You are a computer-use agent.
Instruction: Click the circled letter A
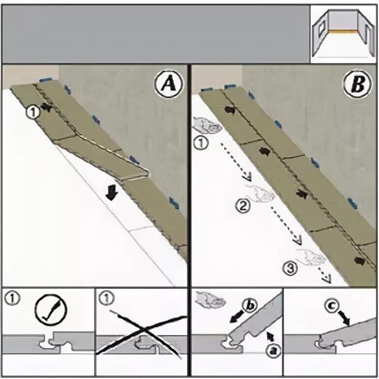(168, 86)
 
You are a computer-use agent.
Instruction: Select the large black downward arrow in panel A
(112, 193)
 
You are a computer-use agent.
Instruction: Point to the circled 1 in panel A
(32, 112)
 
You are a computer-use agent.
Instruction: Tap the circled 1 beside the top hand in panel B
(199, 143)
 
